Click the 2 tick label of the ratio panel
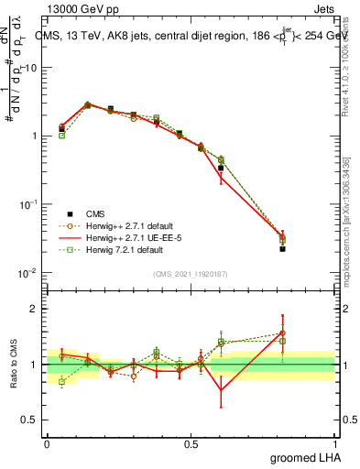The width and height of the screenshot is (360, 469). click(37, 309)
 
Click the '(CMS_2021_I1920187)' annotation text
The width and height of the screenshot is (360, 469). click(191, 273)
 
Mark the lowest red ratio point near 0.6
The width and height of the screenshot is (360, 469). click(221, 391)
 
